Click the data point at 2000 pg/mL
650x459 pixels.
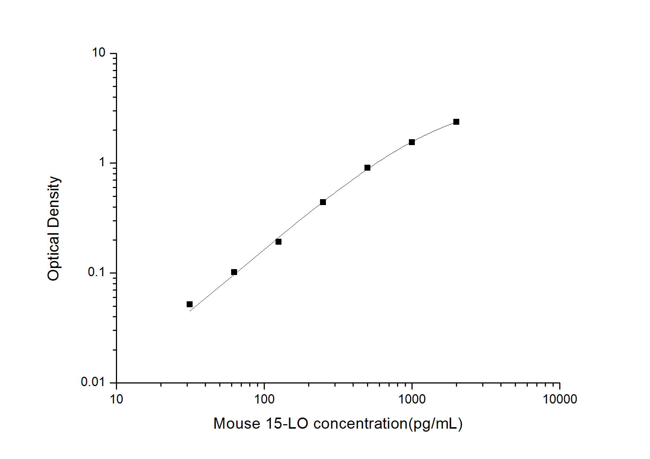(456, 122)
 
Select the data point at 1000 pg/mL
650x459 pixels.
(412, 142)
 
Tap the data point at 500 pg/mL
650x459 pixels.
(367, 168)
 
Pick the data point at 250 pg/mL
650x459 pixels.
(323, 202)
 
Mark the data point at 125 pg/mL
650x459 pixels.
(279, 242)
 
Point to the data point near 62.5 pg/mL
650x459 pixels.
(234, 272)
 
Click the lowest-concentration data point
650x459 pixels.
(190, 304)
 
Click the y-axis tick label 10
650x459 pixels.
(99, 53)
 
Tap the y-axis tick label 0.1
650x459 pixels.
(96, 272)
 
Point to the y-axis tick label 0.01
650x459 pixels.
(93, 382)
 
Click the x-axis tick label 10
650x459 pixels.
(116, 399)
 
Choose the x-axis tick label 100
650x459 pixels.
(264, 399)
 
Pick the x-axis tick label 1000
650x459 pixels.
(412, 399)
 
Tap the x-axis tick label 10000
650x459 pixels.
(560, 399)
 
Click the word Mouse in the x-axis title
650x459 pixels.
(237, 423)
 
